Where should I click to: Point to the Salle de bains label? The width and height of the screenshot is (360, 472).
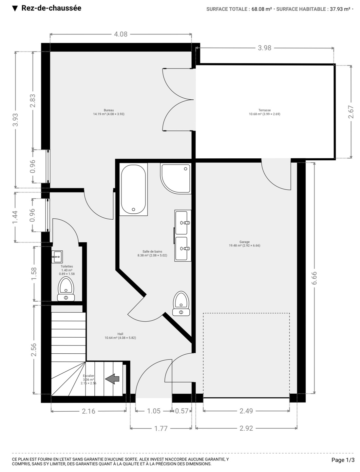(x=152, y=251)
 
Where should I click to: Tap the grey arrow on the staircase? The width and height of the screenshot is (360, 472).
(x=112, y=379)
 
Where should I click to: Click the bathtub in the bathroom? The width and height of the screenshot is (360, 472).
(x=133, y=189)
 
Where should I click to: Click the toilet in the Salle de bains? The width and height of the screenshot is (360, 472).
(x=181, y=304)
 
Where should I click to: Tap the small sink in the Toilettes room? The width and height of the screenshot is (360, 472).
(x=57, y=257)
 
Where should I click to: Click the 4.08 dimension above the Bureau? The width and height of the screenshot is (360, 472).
(x=121, y=34)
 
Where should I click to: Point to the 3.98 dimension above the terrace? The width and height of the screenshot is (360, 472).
(x=265, y=48)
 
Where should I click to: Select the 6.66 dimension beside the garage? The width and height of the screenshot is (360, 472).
(x=314, y=278)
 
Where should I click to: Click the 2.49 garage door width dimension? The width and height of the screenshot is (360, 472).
(x=246, y=411)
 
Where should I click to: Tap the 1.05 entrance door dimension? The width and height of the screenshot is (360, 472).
(x=154, y=411)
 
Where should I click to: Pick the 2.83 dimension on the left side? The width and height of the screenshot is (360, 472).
(x=33, y=101)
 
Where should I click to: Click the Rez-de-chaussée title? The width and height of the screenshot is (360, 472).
(x=51, y=8)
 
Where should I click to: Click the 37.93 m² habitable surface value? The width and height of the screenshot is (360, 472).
(x=340, y=9)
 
